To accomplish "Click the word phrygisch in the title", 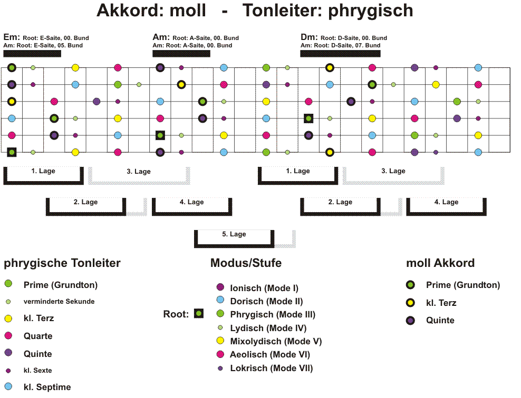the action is (371, 11).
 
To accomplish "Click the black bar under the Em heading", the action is (32, 53).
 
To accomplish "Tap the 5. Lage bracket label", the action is (234, 234).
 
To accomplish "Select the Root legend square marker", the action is (199, 313).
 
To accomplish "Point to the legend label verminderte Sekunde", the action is (59, 302).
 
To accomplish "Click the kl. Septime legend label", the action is (47, 387).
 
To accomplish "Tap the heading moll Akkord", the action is (440, 263).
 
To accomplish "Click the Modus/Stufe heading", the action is (246, 263).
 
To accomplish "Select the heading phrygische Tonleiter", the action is (62, 263).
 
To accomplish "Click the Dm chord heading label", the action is (309, 37).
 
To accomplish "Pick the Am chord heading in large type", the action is (161, 37).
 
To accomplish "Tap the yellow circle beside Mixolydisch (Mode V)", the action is (220, 341).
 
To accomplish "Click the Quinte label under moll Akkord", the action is (440, 321).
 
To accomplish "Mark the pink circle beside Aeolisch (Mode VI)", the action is (220, 354).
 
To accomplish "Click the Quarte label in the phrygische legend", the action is (38, 336).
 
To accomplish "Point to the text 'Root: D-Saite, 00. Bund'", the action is (354, 38).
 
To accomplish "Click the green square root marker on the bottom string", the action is (12, 152).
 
